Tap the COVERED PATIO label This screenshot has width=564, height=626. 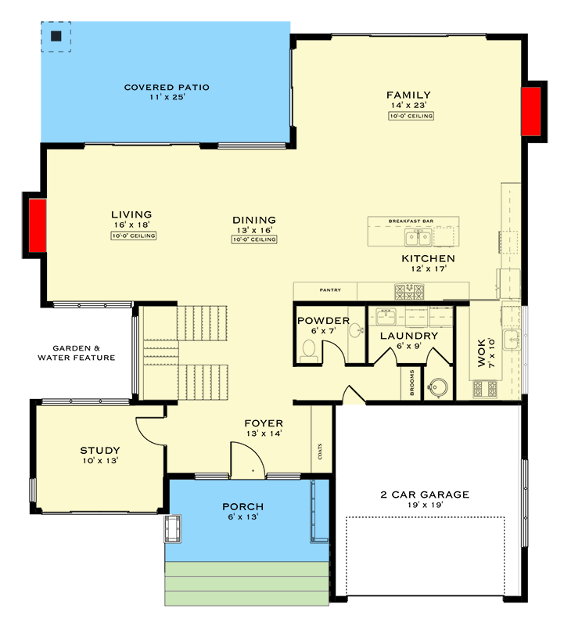point(167,87)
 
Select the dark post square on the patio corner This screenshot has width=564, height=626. point(56,36)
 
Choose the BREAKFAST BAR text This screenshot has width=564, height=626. point(411,221)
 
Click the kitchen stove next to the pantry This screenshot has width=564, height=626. point(410,292)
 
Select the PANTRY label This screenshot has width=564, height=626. point(330,290)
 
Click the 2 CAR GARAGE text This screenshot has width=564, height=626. point(426,494)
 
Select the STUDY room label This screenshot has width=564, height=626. point(100,450)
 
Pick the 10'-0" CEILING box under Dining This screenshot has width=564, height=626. point(254,239)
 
